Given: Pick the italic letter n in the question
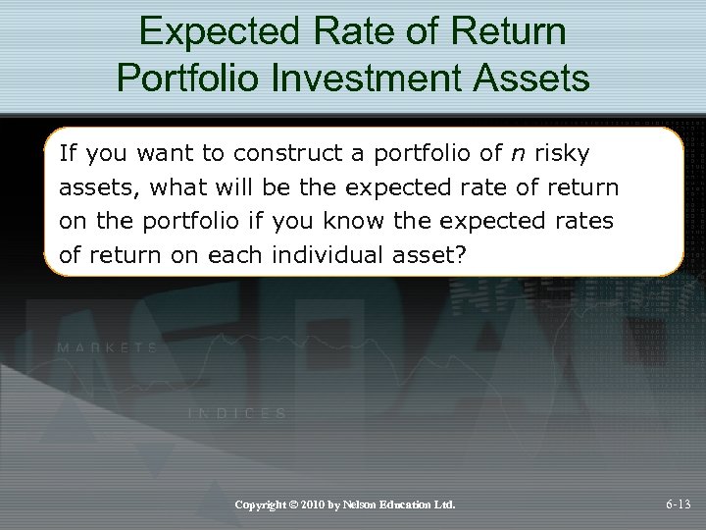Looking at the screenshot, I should tap(518, 153).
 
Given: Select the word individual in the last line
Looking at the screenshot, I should tap(330, 255).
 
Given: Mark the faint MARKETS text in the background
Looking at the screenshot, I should tap(108, 347).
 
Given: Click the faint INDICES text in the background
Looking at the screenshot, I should tap(237, 414).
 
